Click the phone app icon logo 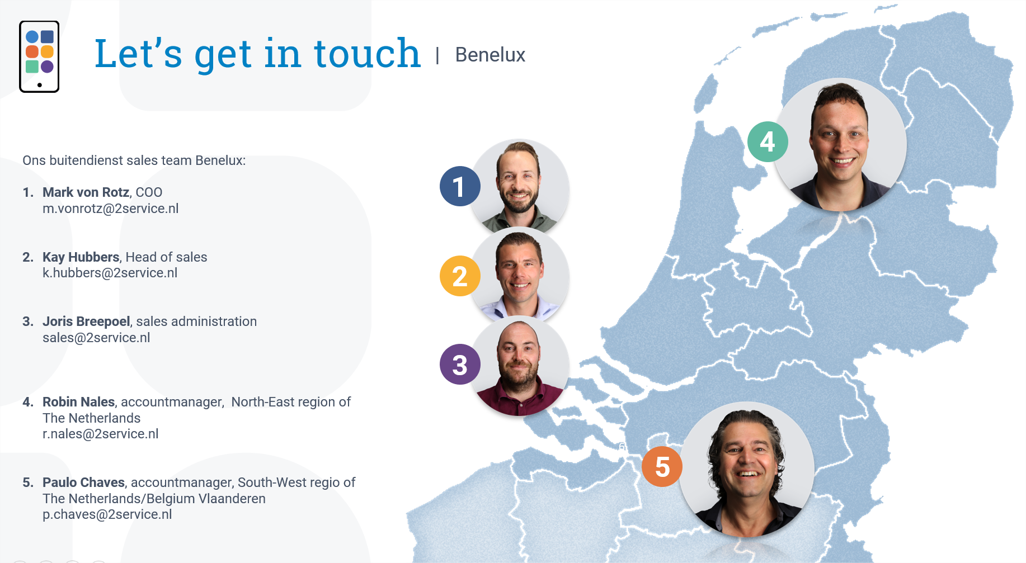39,56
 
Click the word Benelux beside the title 490,55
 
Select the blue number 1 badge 460,186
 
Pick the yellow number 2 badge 460,276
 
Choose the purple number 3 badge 460,365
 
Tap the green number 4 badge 768,141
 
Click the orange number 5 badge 662,466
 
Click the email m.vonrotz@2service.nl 111,209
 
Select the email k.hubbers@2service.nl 110,273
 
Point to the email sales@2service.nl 96,338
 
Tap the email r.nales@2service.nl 101,434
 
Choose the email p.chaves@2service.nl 107,514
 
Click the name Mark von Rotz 86,192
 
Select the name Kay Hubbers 81,257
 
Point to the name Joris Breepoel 87,321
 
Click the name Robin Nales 79,402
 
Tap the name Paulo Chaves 84,482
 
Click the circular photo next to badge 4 840,145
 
